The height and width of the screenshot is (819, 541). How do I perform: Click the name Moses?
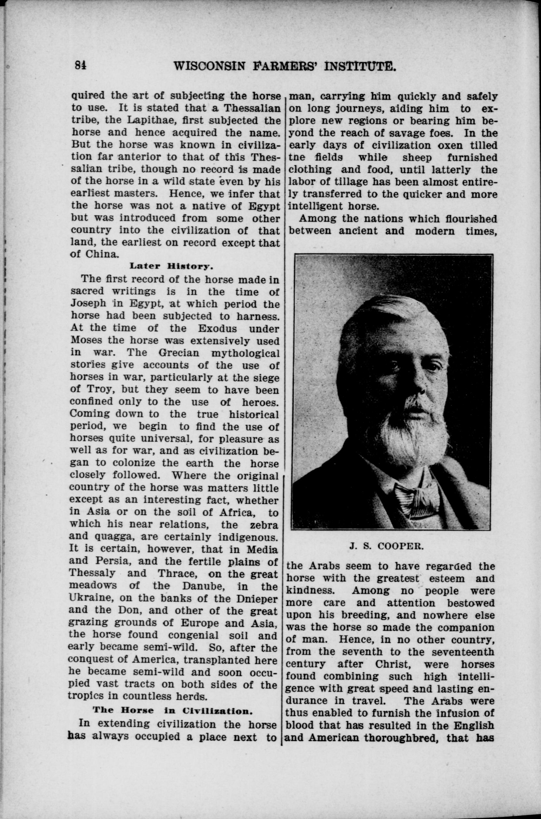86,340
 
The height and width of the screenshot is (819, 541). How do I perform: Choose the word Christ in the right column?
391,664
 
